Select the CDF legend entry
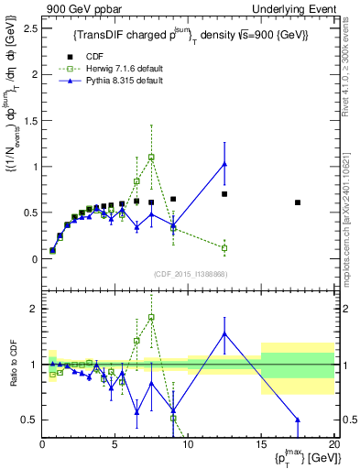tap(117, 55)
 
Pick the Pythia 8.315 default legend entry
tap(137, 81)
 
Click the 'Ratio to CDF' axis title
tap(11, 365)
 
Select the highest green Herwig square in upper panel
tap(151, 157)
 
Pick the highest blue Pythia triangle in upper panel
tap(224, 165)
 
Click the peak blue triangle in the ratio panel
tap(224, 333)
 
